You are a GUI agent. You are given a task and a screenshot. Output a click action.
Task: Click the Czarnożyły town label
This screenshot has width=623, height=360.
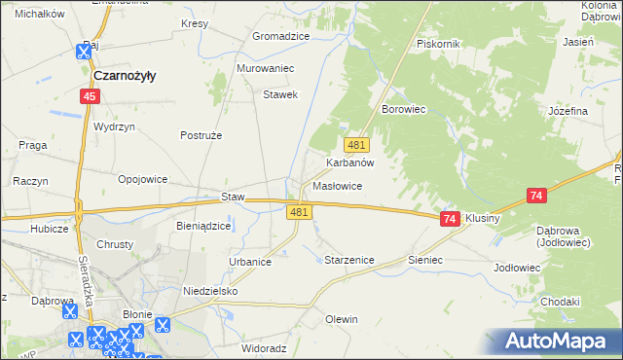click(x=126, y=75)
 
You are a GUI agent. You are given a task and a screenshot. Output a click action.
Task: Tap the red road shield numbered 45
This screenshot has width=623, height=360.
click(x=90, y=96)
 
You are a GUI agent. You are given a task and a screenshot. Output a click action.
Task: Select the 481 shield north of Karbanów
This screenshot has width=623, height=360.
click(x=356, y=145)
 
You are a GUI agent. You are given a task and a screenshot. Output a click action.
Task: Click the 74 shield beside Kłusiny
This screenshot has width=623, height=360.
click(x=449, y=220)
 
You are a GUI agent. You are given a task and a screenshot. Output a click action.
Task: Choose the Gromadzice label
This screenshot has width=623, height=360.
click(x=280, y=36)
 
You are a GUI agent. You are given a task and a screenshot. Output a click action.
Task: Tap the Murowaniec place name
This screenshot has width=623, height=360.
click(x=265, y=69)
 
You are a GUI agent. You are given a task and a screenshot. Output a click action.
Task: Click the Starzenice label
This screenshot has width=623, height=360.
click(x=348, y=261)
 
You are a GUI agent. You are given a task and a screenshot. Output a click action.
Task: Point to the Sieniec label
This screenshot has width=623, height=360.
click(x=425, y=261)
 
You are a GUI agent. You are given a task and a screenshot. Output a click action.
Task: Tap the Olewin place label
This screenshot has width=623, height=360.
click(x=342, y=319)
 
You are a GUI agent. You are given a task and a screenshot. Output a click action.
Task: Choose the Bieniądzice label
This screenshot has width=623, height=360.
click(x=203, y=226)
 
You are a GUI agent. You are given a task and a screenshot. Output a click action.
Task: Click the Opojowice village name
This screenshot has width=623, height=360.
click(x=143, y=179)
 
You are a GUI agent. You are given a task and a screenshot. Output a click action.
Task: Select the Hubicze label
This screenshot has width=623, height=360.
click(x=49, y=229)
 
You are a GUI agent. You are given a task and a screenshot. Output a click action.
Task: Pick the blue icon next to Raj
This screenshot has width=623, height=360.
click(x=81, y=55)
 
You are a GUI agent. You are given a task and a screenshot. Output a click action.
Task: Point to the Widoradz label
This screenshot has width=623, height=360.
click(x=264, y=347)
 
